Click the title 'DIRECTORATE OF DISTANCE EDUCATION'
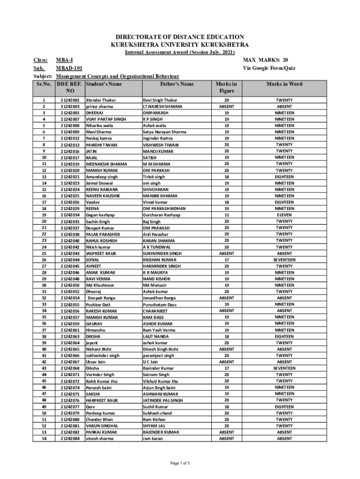(x=180, y=36)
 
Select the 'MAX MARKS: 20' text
(x=265, y=60)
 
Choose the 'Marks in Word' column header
(x=284, y=84)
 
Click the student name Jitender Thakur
(x=101, y=100)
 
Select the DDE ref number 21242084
(x=70, y=438)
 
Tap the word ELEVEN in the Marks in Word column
(x=284, y=215)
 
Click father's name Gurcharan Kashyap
(x=161, y=215)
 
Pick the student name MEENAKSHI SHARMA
(x=106, y=164)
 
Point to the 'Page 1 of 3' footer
(x=180, y=464)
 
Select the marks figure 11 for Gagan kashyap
(x=227, y=215)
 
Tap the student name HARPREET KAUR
(x=101, y=400)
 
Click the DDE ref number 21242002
(x=70, y=100)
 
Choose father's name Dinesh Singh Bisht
(x=160, y=349)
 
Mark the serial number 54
(x=44, y=438)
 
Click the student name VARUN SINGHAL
(x=101, y=426)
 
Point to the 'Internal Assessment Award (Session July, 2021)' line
(x=180, y=52)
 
